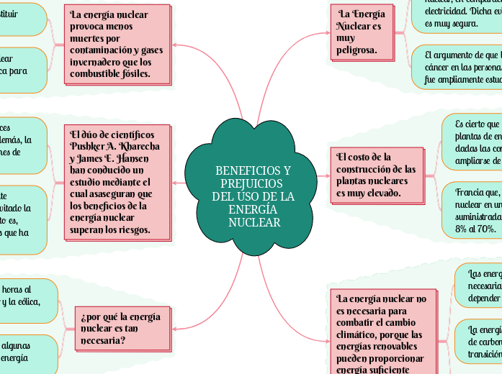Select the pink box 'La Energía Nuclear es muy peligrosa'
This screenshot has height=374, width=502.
pos(362,32)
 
